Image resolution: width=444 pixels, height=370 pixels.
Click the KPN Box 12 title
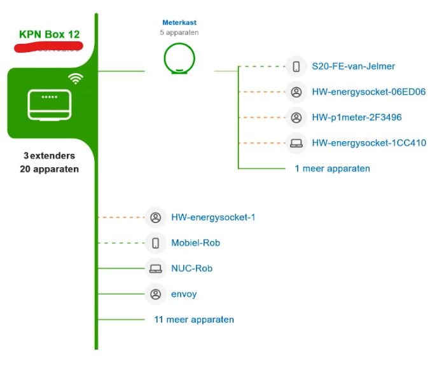pos(50,34)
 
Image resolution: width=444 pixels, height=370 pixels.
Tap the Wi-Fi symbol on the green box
pos(76,79)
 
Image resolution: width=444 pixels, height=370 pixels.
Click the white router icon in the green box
pos(49,104)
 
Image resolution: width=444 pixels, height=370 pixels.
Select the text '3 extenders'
pos(49,156)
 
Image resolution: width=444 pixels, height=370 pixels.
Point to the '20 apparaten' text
pos(49,169)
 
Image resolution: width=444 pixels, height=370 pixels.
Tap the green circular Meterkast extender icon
pos(179,58)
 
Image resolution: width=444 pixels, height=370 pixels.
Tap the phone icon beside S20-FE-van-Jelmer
pos(296,66)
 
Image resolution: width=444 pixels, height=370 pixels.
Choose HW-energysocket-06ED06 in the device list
pos(368,92)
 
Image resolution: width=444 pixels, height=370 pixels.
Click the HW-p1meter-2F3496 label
pos(356,118)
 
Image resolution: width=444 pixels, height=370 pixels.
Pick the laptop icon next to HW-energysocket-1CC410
pos(296,143)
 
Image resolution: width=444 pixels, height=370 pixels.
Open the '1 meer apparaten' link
pos(332,168)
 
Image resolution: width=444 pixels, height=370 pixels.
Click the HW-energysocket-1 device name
pos(213,217)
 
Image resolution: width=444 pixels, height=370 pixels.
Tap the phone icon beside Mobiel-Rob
pos(155,243)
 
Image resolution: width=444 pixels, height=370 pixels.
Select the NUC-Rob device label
pos(191,268)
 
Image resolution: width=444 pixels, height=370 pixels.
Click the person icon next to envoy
pos(155,294)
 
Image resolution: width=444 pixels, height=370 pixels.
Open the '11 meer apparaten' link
pos(194,320)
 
